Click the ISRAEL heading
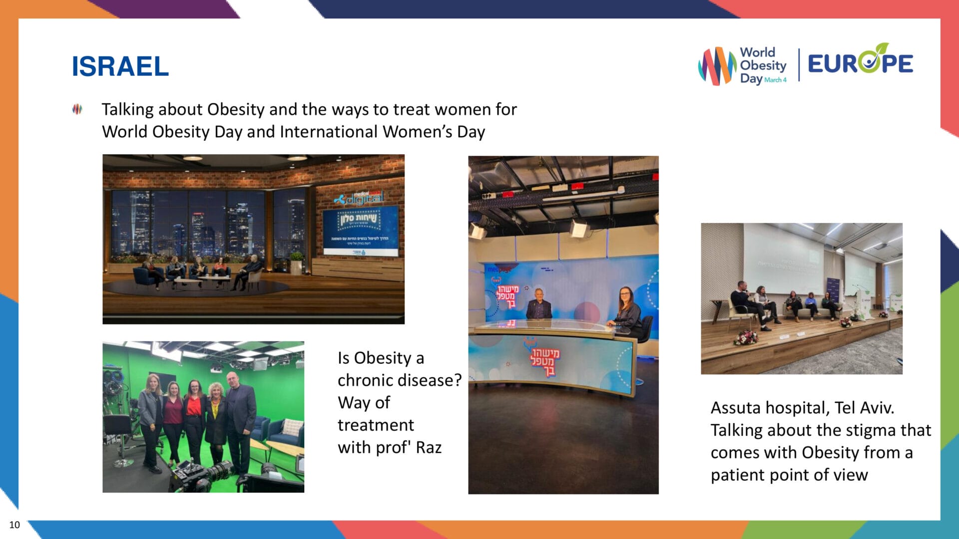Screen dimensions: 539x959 click(120, 66)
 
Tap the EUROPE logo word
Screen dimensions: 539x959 click(860, 63)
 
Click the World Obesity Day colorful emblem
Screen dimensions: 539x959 click(717, 65)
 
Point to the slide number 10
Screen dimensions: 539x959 click(14, 525)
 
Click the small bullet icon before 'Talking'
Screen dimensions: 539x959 click(77, 109)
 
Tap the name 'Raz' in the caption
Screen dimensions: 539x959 click(429, 448)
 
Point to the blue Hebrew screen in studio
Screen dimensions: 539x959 click(360, 231)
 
